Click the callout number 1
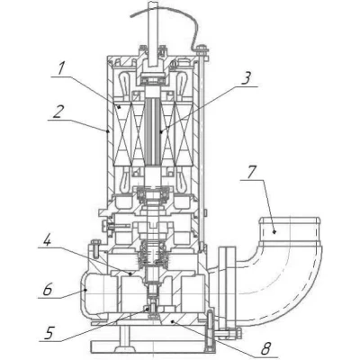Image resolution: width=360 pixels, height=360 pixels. (61, 68)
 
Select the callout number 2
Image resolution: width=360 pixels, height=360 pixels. (58, 112)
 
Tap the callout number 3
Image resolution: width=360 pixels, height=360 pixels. (246, 77)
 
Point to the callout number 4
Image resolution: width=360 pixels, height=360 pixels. (47, 239)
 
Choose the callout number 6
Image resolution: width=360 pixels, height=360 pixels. (47, 290)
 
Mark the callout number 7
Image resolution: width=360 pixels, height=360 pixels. (252, 172)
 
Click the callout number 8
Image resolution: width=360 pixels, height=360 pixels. (265, 348)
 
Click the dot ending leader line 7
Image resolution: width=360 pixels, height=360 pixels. (274, 231)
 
